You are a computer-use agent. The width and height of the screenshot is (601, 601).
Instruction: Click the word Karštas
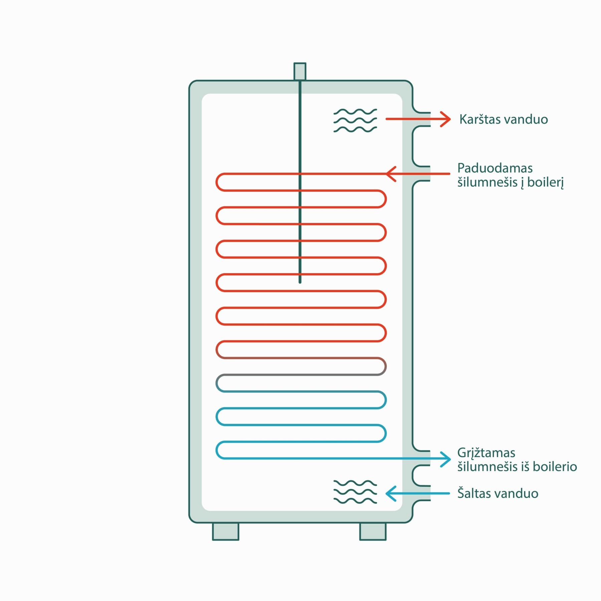click(x=479, y=119)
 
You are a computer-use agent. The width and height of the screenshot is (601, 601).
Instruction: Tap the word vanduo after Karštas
click(x=526, y=119)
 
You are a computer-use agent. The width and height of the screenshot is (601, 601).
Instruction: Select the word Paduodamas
click(x=495, y=168)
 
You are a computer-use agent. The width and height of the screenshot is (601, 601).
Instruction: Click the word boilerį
click(x=546, y=182)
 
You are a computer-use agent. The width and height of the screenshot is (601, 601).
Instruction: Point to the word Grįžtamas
click(x=486, y=453)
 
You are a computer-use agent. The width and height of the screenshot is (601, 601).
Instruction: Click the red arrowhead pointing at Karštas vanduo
click(x=445, y=119)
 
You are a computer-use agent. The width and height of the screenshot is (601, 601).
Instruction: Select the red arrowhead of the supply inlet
click(x=391, y=174)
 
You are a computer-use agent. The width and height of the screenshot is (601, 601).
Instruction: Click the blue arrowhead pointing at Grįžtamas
click(x=445, y=459)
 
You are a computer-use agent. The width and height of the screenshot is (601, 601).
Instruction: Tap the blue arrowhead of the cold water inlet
click(x=391, y=493)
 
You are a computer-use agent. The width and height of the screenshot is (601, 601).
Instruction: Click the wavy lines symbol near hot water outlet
click(x=355, y=121)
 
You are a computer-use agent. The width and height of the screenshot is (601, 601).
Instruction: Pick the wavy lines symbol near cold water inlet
click(x=355, y=492)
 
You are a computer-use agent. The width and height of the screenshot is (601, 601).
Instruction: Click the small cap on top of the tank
click(x=300, y=71)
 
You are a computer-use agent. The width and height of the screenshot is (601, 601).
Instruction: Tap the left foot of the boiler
click(x=226, y=531)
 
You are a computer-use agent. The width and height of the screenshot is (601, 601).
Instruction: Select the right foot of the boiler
click(x=373, y=531)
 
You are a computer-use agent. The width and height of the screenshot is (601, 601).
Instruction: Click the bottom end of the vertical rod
click(x=300, y=282)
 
